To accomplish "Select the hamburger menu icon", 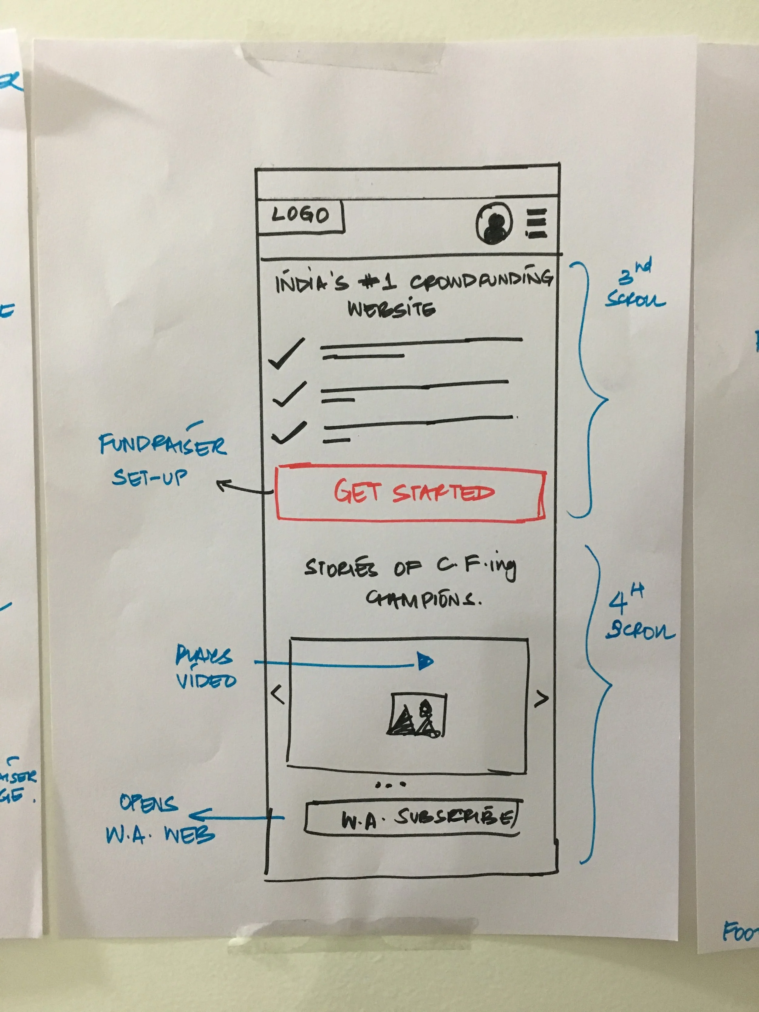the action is [x=536, y=223].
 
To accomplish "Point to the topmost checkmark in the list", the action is [x=287, y=354].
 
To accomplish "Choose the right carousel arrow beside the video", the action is [x=541, y=699].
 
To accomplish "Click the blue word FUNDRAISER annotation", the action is [x=163, y=445].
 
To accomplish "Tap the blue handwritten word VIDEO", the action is [x=206, y=681].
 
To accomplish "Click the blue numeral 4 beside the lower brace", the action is [x=618, y=603].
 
